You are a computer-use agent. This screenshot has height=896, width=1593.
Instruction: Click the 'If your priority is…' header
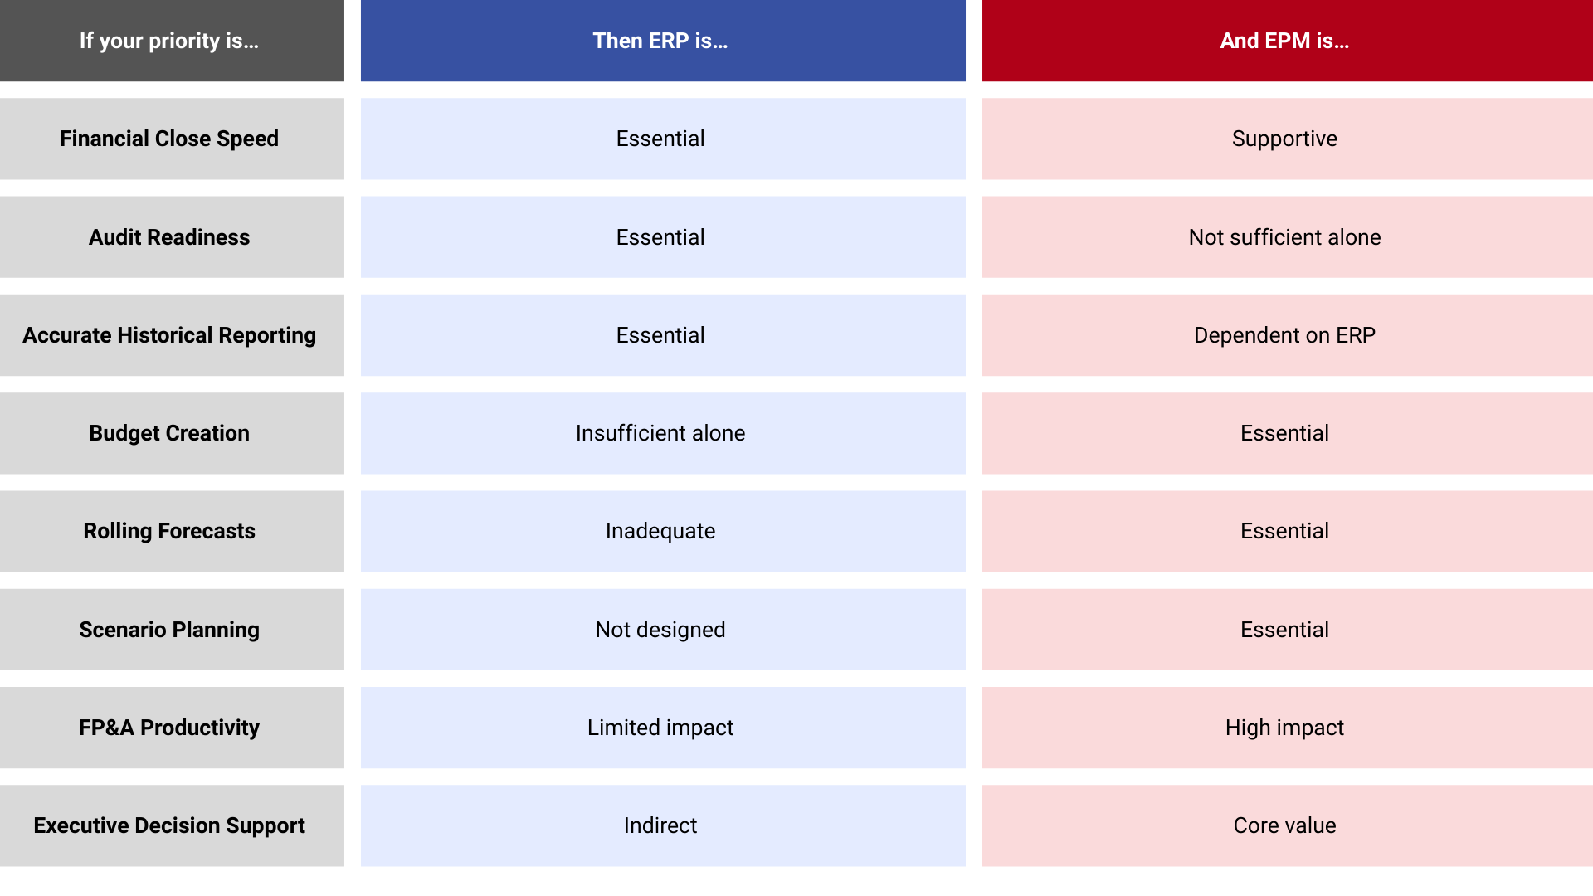click(x=169, y=41)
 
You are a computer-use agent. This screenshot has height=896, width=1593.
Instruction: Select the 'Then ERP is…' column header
click(x=660, y=41)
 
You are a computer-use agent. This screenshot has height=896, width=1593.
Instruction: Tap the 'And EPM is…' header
click(x=1284, y=41)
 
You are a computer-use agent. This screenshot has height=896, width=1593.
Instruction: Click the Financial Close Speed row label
click(x=169, y=139)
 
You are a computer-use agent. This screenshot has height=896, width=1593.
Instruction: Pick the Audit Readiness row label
click(x=169, y=237)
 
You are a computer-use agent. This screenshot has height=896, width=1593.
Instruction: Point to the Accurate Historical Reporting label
click(x=169, y=335)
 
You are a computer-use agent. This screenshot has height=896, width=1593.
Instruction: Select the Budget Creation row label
click(x=169, y=433)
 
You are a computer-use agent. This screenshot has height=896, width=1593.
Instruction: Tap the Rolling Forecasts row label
click(x=169, y=531)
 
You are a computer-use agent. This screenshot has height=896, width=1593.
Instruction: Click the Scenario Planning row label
click(x=169, y=630)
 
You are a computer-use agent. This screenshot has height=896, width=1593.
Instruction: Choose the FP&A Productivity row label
click(x=169, y=728)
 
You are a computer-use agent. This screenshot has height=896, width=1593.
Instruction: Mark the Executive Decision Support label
click(x=169, y=825)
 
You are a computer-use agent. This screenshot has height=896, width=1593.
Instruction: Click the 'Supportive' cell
click(x=1284, y=139)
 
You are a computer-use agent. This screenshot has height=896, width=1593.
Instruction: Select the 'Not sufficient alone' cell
click(x=1284, y=237)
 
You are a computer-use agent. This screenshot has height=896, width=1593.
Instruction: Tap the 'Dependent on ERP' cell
click(x=1284, y=335)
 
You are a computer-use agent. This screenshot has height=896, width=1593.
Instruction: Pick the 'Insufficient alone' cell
click(x=660, y=433)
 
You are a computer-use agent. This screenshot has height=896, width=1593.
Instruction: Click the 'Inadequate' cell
click(x=660, y=531)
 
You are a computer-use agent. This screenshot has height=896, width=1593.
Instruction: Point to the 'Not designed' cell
click(x=660, y=630)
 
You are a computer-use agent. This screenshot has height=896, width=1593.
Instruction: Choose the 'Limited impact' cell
click(x=660, y=728)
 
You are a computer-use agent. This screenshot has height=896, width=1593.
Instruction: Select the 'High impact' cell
click(x=1284, y=728)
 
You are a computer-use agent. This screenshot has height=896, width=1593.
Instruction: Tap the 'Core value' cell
click(x=1284, y=825)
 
